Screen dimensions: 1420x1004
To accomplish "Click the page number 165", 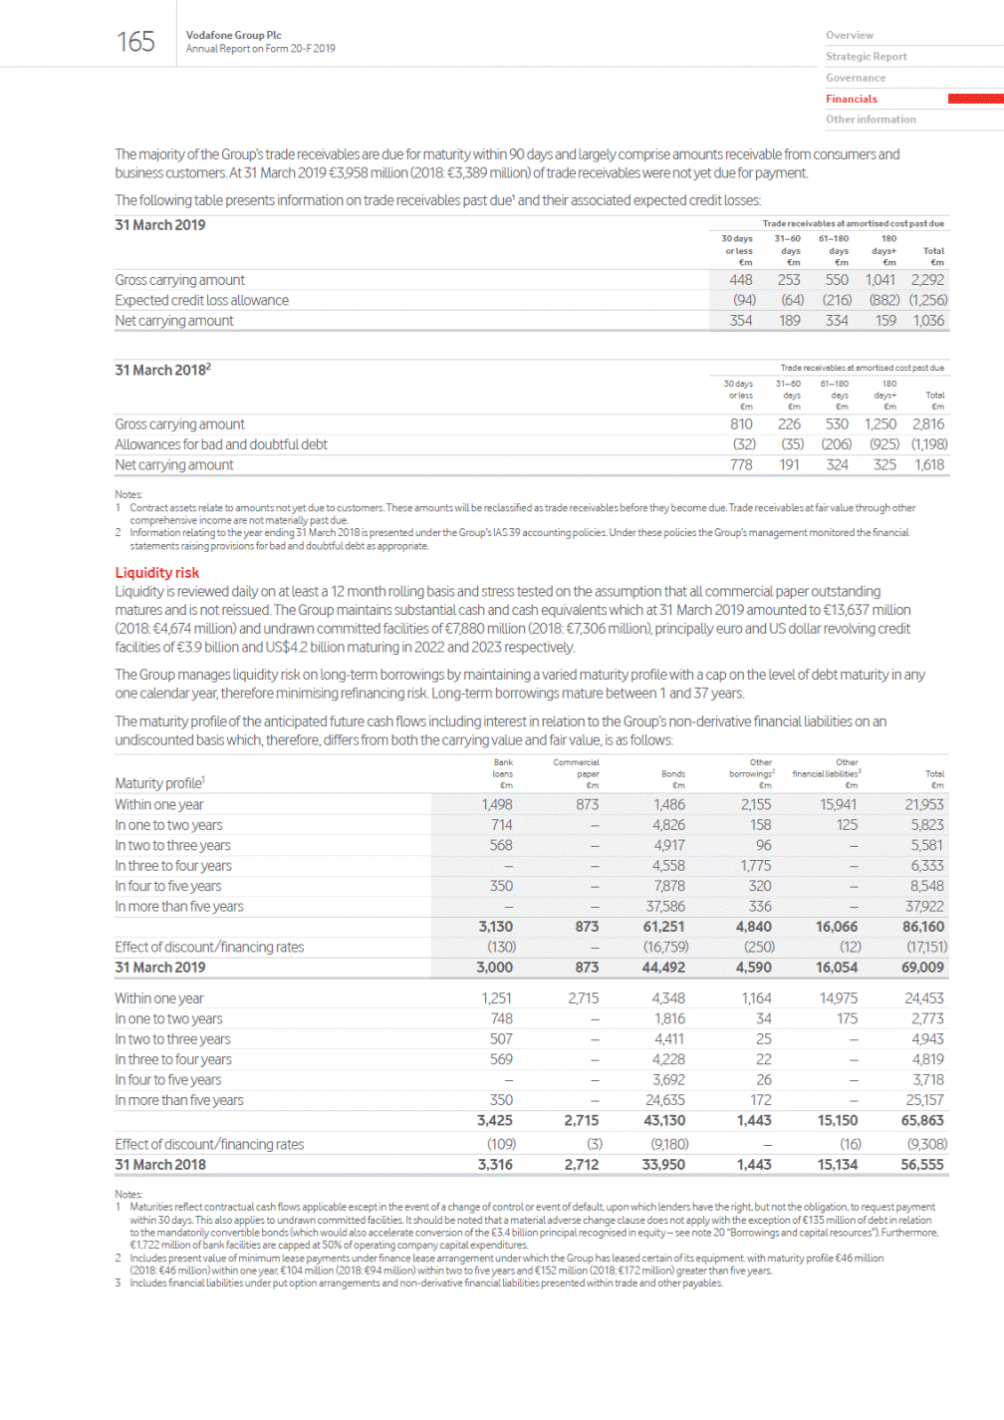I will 135,42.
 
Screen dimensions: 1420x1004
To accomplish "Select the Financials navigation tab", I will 852,99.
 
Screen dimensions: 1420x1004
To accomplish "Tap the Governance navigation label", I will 856,78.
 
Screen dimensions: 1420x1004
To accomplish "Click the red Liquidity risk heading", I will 157,573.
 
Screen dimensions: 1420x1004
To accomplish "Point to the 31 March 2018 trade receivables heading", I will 162,370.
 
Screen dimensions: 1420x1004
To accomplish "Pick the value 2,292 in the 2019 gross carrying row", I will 927,280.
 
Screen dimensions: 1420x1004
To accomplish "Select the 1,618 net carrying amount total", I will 928,465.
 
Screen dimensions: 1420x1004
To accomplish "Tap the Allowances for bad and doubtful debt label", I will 220,444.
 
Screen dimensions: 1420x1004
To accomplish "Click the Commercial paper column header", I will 577,767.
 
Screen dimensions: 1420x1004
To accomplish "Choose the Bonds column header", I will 673,773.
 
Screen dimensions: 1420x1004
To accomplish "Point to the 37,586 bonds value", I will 665,907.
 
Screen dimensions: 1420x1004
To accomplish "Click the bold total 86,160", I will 923,927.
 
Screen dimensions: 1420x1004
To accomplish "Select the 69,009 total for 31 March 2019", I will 922,968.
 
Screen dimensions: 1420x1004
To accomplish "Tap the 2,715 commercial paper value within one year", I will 583,998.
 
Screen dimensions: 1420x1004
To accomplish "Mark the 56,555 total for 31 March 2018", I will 922,1165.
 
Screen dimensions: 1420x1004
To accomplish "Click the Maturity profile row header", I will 159,783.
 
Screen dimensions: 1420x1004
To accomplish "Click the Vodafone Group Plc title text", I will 233,35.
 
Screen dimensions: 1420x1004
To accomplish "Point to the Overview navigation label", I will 850,35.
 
